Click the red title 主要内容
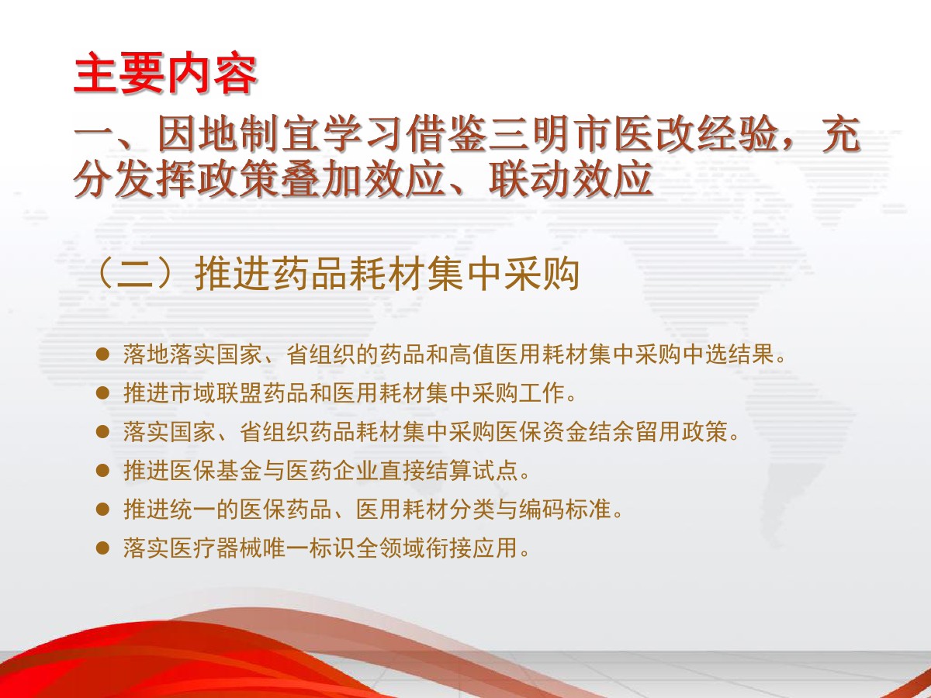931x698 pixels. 165,73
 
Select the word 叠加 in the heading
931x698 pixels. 321,180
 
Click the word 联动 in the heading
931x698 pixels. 529,180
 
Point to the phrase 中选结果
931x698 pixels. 728,354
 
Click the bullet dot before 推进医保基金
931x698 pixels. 102,471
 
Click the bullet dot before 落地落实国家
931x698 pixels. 102,354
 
